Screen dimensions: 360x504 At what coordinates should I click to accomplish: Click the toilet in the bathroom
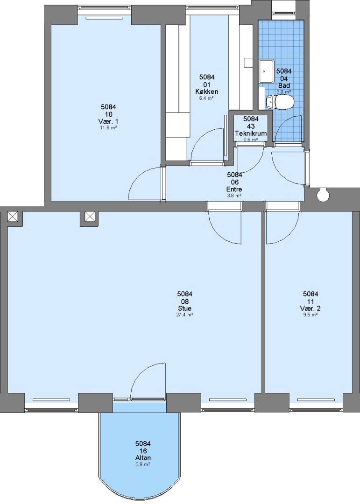point(280,103)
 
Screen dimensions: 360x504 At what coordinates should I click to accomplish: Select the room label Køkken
point(207,91)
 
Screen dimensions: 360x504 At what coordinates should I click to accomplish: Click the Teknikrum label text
point(251,133)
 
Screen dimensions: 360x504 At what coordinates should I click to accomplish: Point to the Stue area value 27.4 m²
point(184,315)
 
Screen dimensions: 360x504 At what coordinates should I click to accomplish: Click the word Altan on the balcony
point(143,458)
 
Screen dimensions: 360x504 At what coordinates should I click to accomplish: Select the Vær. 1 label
point(108,121)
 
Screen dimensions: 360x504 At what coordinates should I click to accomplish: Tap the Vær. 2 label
point(311,308)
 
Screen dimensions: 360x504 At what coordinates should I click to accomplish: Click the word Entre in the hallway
point(234,189)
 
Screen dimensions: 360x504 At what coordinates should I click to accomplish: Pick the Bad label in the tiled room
point(284,85)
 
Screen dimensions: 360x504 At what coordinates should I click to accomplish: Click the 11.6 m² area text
point(108,127)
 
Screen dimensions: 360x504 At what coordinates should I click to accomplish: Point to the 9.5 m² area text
point(311,315)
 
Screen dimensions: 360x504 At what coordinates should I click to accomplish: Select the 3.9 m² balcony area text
point(143,464)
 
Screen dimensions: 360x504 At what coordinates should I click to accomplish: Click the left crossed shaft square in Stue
point(13,217)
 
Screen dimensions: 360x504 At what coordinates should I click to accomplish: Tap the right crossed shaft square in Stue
point(90,217)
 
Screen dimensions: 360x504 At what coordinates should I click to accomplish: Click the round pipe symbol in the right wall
point(322,195)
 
